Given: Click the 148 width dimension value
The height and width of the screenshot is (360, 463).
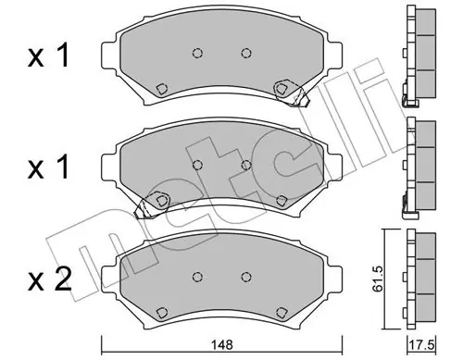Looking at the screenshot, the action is (222, 344).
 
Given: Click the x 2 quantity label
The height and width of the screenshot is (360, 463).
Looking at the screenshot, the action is (49, 279).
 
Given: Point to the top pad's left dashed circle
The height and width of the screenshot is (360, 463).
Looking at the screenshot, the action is (197, 54).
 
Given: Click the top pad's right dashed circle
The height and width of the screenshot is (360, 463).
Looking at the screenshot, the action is (245, 54).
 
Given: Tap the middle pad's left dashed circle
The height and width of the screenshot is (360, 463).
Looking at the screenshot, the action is (197, 165).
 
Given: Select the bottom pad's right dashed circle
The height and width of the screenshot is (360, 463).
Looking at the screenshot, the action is (245, 277).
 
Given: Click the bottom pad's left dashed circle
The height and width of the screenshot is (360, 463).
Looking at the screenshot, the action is (197, 277).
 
